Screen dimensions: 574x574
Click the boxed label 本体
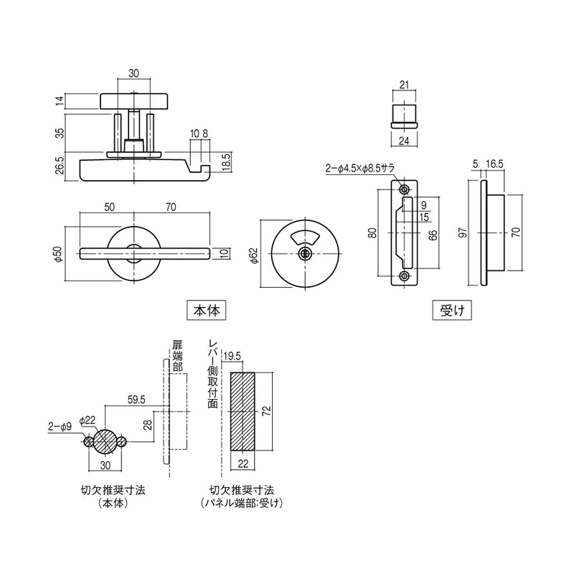pos(206,311)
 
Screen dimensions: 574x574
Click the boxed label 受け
pos(452,311)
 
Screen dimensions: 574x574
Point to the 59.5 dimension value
pos(136,400)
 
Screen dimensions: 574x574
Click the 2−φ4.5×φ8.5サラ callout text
pos(360,168)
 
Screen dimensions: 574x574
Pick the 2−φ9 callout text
pos(60,426)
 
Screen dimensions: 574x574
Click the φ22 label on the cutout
pos(88,420)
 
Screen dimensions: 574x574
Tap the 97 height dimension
pos(463,232)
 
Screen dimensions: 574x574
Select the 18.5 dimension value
pos(226,162)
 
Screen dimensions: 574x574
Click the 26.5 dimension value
pos(60,165)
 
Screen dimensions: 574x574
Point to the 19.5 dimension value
pos(232,357)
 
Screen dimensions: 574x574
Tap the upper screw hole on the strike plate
pos(404,189)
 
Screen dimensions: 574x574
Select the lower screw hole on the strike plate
pos(404,276)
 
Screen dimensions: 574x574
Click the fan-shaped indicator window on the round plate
pos(304,238)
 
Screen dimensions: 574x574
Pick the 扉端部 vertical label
pos(177,355)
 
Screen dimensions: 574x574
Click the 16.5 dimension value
pos(494,164)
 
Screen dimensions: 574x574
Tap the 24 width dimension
pos(404,141)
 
